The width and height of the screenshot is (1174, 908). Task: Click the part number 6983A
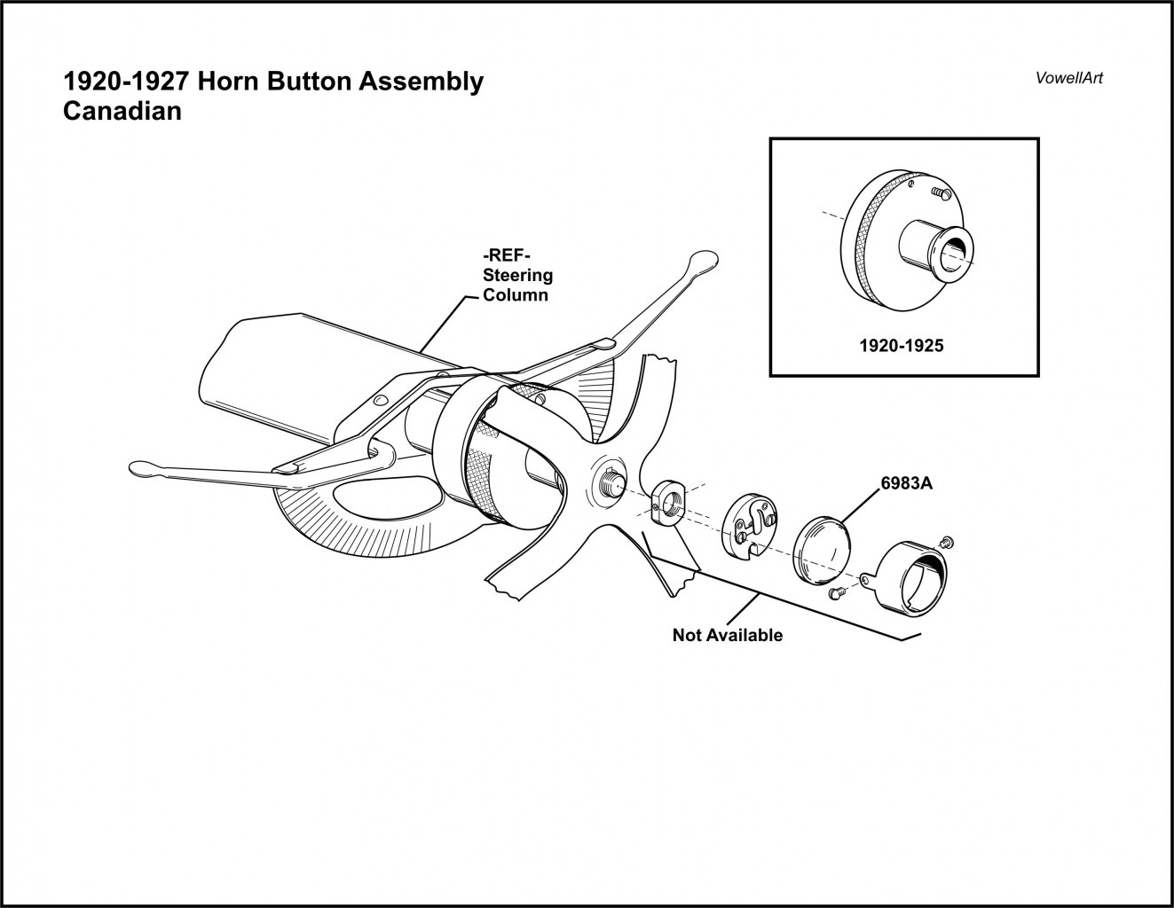(907, 484)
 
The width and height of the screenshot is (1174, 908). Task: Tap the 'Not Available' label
(727, 635)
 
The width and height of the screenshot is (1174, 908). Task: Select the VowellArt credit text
(1068, 77)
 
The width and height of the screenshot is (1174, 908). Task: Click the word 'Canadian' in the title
(122, 112)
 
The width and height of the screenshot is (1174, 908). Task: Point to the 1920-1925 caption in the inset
(901, 346)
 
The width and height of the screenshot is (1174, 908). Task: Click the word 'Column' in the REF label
(515, 294)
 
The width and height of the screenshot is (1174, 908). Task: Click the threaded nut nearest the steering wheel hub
(667, 503)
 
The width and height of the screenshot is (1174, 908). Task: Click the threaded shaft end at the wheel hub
(610, 481)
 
